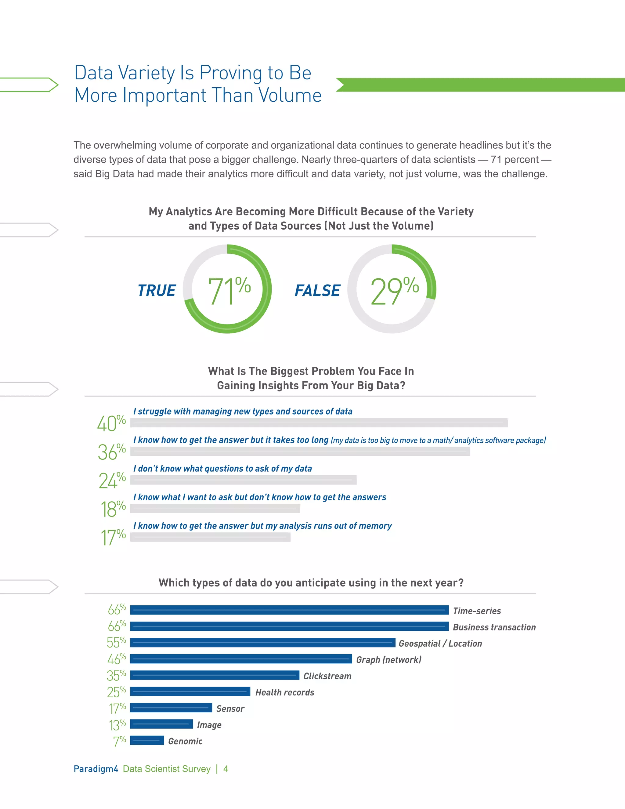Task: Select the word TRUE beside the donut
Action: pyautogui.click(x=157, y=291)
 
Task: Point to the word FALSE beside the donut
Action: pyautogui.click(x=317, y=291)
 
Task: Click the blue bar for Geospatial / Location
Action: pyautogui.click(x=262, y=643)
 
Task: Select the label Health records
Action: pyautogui.click(x=284, y=692)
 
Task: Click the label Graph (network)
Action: pyautogui.click(x=388, y=660)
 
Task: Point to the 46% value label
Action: pyautogui.click(x=116, y=659)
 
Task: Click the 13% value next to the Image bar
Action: pyautogui.click(x=117, y=724)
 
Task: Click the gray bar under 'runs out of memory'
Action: pyautogui.click(x=210, y=537)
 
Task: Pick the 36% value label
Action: pyautogui.click(x=111, y=452)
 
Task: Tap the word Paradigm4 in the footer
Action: pyautogui.click(x=96, y=769)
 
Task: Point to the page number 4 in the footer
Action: pyautogui.click(x=226, y=769)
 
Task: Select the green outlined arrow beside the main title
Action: pyautogui.click(x=30, y=85)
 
